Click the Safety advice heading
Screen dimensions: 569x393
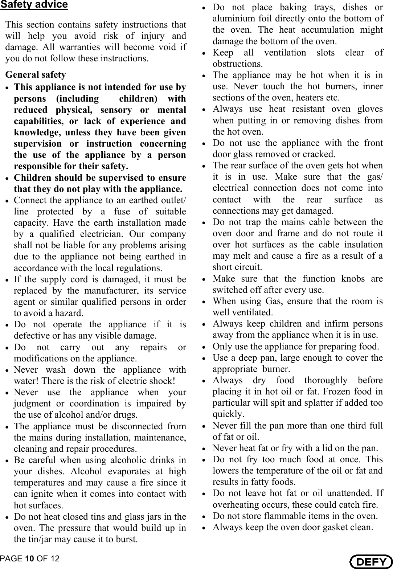point(34,5)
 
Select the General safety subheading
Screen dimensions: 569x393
point(36,75)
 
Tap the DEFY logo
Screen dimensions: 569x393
point(371,561)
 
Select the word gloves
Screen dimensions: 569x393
point(370,109)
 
